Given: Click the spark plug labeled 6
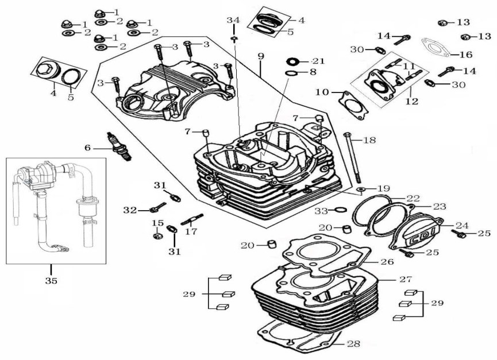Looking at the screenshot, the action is click(x=120, y=146).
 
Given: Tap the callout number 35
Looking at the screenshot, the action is click(x=51, y=281).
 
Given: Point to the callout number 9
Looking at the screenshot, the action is click(x=260, y=56).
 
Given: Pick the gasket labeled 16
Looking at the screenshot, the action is click(x=436, y=48).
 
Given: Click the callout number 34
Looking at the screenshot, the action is click(x=234, y=20).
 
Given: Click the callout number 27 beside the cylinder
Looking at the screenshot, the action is click(x=406, y=279).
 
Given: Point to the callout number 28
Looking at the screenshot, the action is click(x=354, y=343).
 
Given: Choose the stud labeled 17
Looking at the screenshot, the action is click(x=192, y=219).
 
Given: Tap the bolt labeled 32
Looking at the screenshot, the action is click(x=158, y=207).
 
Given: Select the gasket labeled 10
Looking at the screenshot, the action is click(x=353, y=106).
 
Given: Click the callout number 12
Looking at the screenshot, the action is click(x=412, y=101).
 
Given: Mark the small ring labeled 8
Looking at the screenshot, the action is click(x=292, y=73).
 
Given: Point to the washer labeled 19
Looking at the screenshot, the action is click(x=361, y=189).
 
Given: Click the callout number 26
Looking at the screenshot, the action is click(x=387, y=262).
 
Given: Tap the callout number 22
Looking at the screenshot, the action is click(x=413, y=199).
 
